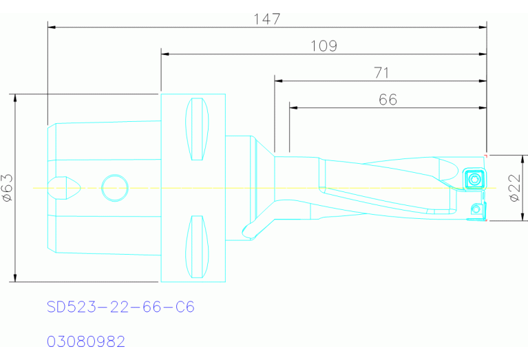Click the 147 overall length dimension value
(x=266, y=19)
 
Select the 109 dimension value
(x=324, y=46)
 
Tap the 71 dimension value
(x=381, y=73)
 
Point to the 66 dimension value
(x=388, y=100)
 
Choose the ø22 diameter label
(x=515, y=188)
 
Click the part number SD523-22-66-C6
(x=120, y=307)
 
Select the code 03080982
(x=86, y=341)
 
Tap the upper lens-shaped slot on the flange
(x=197, y=129)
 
